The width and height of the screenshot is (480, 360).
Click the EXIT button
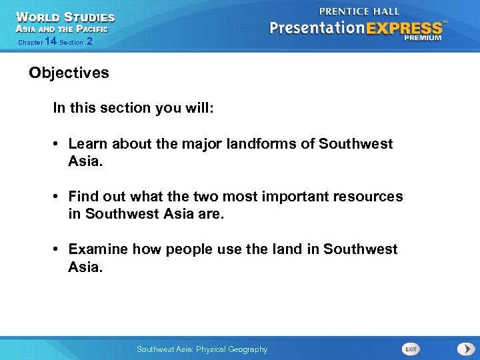411,349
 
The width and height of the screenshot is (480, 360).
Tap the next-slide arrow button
465,349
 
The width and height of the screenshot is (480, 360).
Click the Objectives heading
69,73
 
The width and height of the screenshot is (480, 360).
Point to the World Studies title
65,17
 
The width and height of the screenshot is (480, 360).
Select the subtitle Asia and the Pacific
61,29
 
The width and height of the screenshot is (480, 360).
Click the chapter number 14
50,41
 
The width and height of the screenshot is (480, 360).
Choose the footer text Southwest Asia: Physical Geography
201,349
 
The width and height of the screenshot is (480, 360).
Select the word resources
369,197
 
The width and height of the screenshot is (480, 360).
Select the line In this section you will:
133,108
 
